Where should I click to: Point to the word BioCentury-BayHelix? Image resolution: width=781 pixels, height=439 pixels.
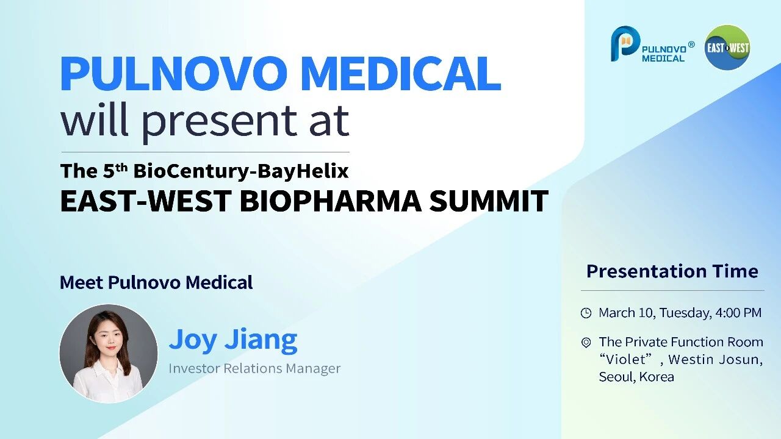[x=241, y=171]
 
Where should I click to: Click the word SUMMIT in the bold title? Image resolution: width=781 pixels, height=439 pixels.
[x=489, y=201]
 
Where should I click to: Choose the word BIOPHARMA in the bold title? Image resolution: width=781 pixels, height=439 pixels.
[x=331, y=201]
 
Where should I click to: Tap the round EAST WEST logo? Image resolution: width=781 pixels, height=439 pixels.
[x=728, y=48]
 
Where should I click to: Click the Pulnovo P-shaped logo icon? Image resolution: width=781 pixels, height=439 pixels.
[x=625, y=44]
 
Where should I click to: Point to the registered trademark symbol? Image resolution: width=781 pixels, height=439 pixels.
[x=691, y=45]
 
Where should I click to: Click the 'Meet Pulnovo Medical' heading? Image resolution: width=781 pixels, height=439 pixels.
[x=156, y=282]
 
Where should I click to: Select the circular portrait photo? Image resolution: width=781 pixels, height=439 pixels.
[x=109, y=354]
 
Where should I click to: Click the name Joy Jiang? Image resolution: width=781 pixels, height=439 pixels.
[x=233, y=340]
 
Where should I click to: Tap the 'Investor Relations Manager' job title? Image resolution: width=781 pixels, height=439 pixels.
[x=254, y=368]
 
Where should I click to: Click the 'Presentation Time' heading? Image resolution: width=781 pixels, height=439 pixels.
[x=672, y=271]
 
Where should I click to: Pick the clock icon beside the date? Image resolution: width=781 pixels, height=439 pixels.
[x=586, y=313]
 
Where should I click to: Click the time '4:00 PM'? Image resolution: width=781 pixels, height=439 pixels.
[x=738, y=313]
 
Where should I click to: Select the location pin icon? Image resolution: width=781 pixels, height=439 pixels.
[x=586, y=343]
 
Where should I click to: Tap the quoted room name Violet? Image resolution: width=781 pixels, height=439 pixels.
[x=625, y=359]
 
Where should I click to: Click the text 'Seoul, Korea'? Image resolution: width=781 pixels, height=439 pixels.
[x=636, y=377]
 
